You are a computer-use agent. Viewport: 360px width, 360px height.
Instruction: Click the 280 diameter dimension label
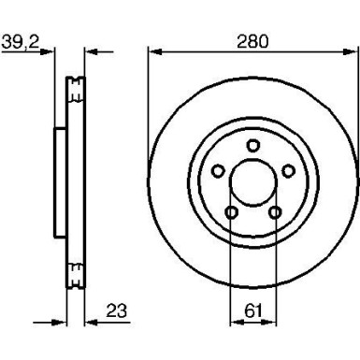[252, 40]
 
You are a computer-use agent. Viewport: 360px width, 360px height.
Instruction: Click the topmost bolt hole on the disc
[252, 144]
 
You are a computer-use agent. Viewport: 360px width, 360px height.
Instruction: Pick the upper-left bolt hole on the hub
[216, 170]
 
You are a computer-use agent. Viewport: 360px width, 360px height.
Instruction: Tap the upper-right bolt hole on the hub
[287, 170]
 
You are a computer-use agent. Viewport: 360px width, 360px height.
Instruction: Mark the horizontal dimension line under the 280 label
[252, 52]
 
